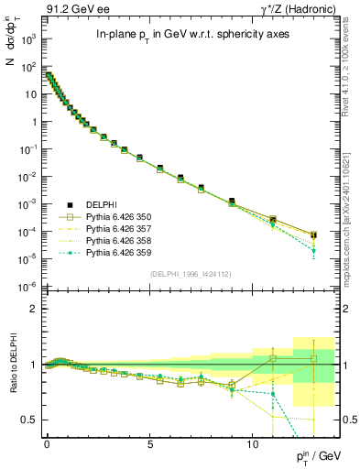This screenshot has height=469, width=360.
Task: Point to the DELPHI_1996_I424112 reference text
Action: pyautogui.click(x=188, y=273)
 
